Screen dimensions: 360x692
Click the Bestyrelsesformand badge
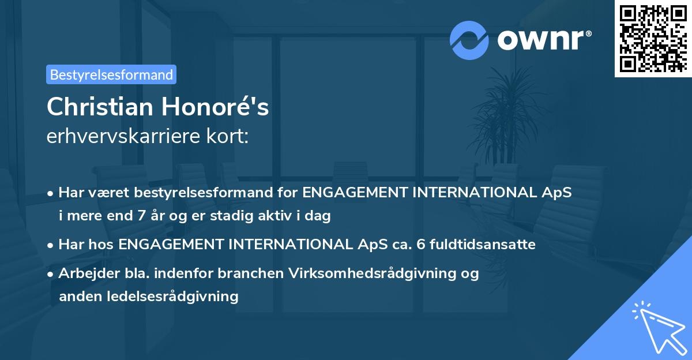point(111,74)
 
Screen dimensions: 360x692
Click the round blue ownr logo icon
point(469,40)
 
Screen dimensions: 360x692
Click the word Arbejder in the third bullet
point(84,273)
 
